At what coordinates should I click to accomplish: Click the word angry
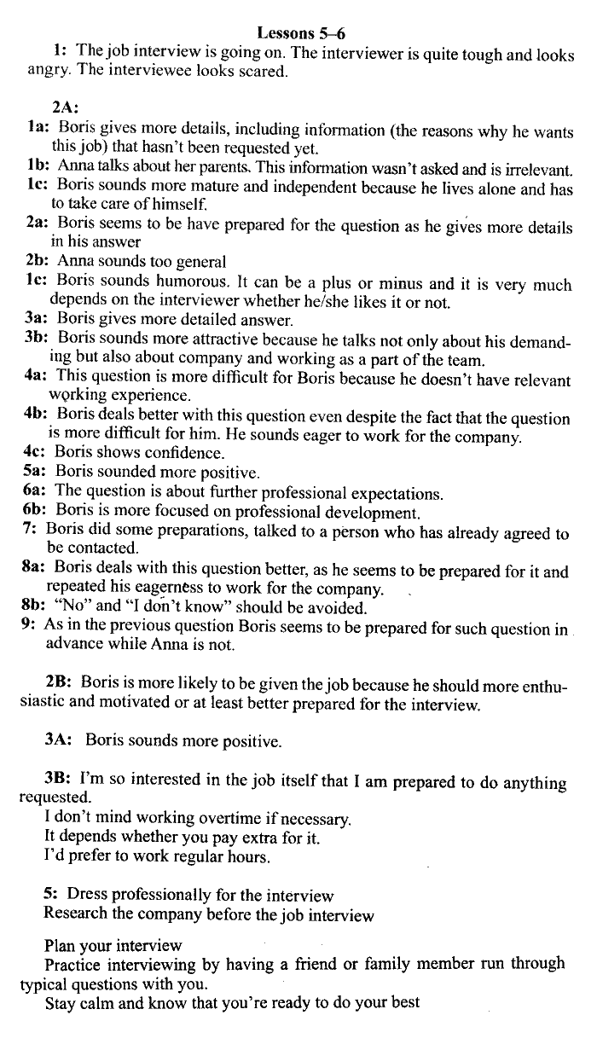click(48, 71)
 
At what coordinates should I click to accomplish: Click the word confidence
click(171, 453)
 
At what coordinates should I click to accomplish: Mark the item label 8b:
click(37, 608)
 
